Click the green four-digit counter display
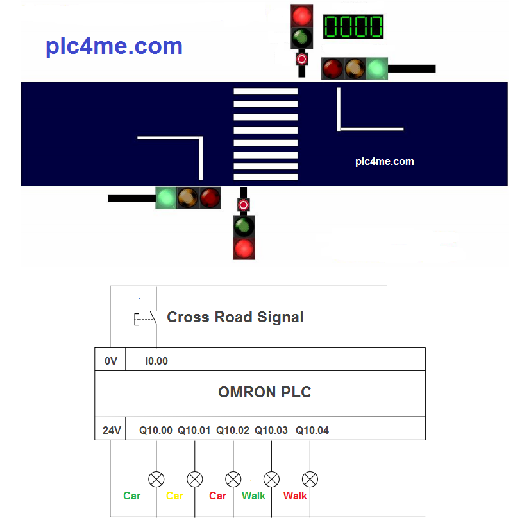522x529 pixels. coord(353,27)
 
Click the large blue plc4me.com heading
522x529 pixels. coord(114,46)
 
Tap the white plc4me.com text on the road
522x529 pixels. coord(384,162)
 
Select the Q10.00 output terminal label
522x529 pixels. coord(156,430)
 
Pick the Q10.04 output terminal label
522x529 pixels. coord(312,430)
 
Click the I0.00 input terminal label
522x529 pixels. coord(156,361)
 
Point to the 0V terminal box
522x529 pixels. coord(111,361)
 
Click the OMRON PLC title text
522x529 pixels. coord(264,392)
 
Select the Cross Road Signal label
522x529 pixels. coord(235,317)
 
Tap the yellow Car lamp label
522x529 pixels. coord(174,496)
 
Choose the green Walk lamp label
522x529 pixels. coord(253,496)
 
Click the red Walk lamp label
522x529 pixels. coord(295,496)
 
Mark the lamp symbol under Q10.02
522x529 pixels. coord(233,479)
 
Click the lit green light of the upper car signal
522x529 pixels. coord(377,68)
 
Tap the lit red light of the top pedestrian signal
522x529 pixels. coord(301,15)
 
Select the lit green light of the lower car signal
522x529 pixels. coord(167,198)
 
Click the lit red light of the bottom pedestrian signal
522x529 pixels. coord(244,248)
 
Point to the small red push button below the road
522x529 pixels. coord(243,205)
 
